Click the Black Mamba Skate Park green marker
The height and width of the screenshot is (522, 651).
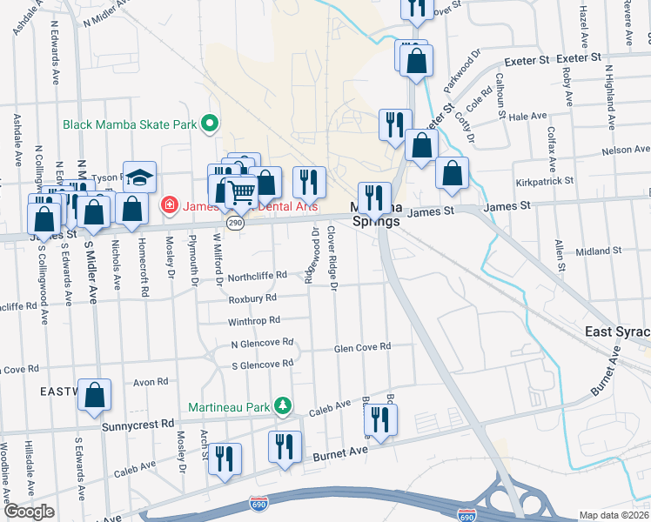[209, 124]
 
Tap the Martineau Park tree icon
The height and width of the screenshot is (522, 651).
[282, 406]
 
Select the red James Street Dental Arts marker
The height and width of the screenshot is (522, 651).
[170, 207]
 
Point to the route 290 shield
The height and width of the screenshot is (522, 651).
[236, 224]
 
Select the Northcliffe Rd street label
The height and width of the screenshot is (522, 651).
[258, 276]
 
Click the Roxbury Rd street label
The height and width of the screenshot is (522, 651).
[252, 298]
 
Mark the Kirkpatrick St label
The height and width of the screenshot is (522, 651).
[545, 180]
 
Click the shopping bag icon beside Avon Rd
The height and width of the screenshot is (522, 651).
[95, 394]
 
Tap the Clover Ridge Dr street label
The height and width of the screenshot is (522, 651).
[332, 258]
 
